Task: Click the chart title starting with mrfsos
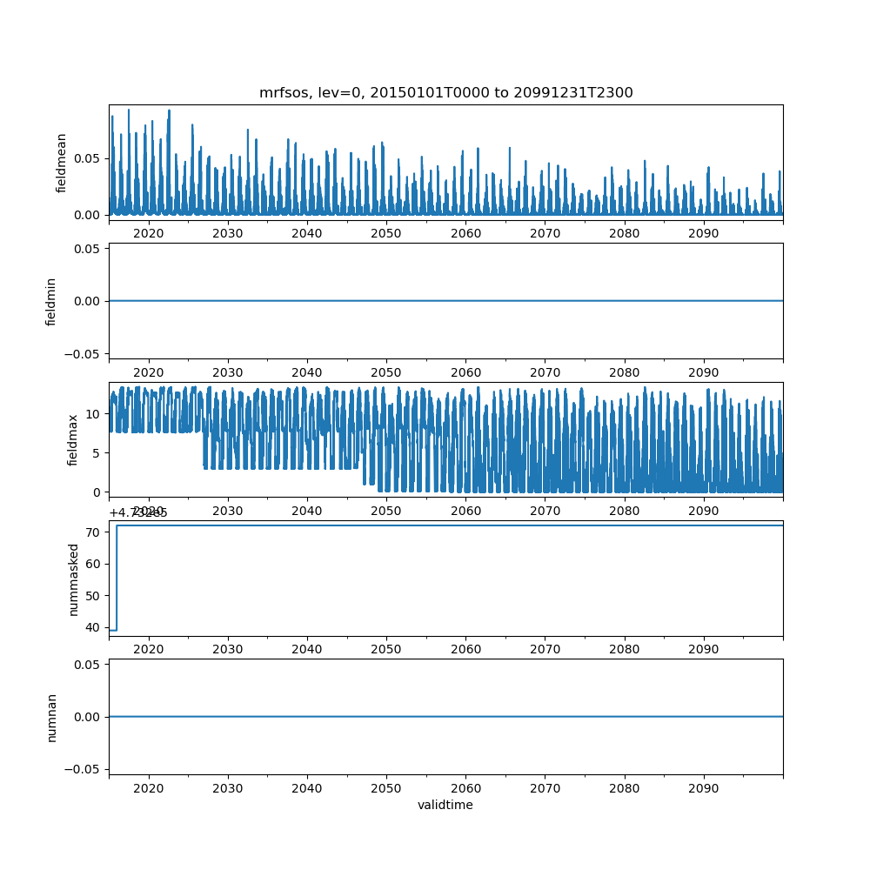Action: tap(445, 92)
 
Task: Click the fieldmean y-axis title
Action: tap(62, 163)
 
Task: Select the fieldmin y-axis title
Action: tap(51, 301)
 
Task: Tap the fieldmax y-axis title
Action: tap(73, 439)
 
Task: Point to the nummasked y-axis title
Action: tap(74, 579)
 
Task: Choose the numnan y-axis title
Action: tap(51, 717)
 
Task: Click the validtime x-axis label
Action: tap(445, 805)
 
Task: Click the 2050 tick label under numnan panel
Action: tap(386, 787)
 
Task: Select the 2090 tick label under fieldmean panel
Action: tap(703, 233)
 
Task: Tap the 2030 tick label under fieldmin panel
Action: tap(228, 371)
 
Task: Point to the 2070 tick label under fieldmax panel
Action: tap(545, 511)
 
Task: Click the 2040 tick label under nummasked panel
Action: tap(307, 649)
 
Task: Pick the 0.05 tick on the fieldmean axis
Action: tap(88, 158)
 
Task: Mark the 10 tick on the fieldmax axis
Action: tap(94, 413)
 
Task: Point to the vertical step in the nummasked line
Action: tap(117, 578)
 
